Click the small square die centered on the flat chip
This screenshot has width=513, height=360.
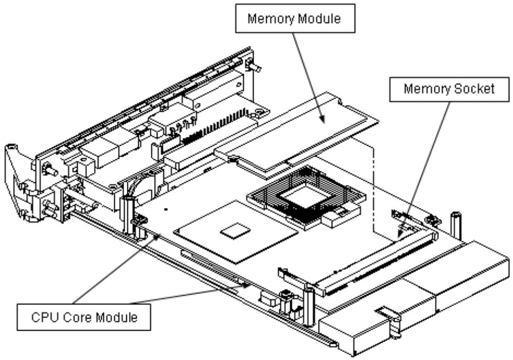235,231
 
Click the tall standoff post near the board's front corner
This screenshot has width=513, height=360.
309,306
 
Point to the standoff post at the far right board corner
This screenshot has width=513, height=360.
456,226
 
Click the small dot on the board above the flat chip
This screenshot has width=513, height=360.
166,209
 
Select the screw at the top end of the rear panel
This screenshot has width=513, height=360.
254,66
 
